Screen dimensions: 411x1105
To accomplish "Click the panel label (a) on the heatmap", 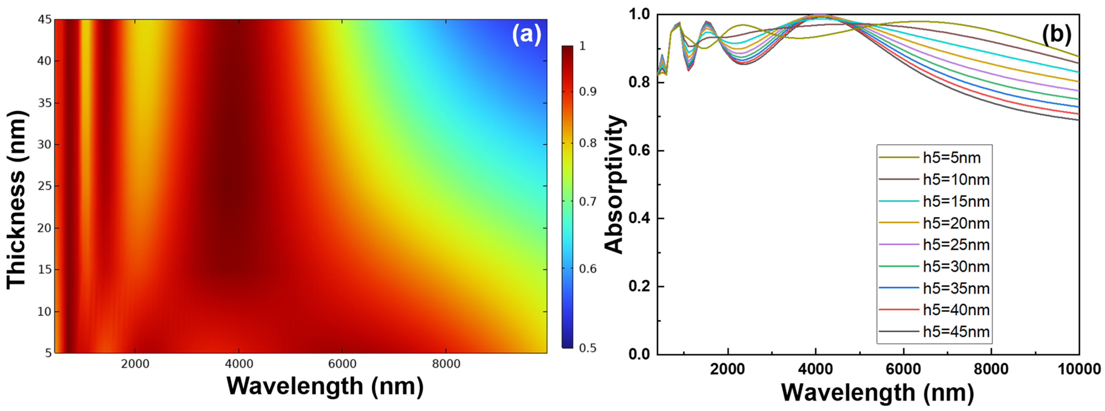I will [526, 34].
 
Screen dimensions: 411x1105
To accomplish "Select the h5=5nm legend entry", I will [951, 158].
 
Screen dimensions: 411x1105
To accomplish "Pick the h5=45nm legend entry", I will [956, 332].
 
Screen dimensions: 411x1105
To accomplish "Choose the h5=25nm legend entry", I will [956, 245].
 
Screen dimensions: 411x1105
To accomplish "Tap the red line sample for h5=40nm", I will [898, 309].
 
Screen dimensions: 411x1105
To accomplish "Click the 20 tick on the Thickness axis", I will [45, 228].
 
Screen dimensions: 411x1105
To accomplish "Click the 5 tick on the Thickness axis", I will [48, 353].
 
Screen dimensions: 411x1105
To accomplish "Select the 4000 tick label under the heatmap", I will [239, 364].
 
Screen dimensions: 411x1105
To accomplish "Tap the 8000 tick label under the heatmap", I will [446, 364].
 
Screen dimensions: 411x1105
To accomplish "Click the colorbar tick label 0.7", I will [588, 201].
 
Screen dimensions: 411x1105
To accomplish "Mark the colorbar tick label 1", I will [583, 46].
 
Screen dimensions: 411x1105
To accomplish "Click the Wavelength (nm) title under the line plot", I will [877, 392].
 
